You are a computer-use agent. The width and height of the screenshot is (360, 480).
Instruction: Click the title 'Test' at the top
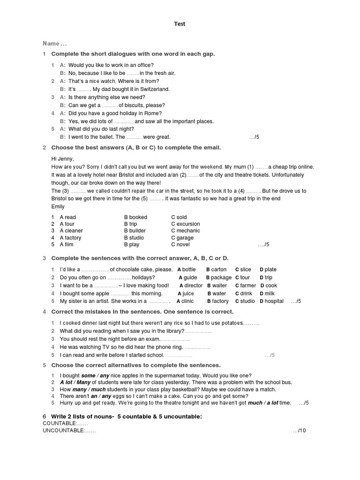[180, 24]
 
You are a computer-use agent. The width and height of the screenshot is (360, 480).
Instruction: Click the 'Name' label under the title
[52, 44]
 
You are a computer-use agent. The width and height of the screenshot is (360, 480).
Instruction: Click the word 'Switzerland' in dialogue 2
[152, 89]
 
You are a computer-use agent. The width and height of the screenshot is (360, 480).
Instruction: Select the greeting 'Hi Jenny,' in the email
[62, 158]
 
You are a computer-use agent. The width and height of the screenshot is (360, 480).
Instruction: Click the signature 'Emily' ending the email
[58, 206]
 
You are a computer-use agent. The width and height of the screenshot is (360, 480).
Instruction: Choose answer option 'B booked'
[135, 217]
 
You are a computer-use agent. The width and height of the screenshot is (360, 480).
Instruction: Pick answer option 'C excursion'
[185, 224]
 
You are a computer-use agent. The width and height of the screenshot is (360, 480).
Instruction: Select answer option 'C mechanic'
[185, 231]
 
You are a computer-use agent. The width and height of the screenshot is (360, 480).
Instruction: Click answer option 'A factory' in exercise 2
[70, 238]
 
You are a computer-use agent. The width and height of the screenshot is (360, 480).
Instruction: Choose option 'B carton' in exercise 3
[216, 270]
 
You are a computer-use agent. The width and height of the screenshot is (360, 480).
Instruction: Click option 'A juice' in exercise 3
[186, 293]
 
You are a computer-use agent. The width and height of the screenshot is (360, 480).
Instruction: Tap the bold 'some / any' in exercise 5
[95, 375]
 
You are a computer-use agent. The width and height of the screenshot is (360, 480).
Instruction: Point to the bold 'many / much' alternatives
[89, 389]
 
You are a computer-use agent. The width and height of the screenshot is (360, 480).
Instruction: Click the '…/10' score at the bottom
[299, 430]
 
